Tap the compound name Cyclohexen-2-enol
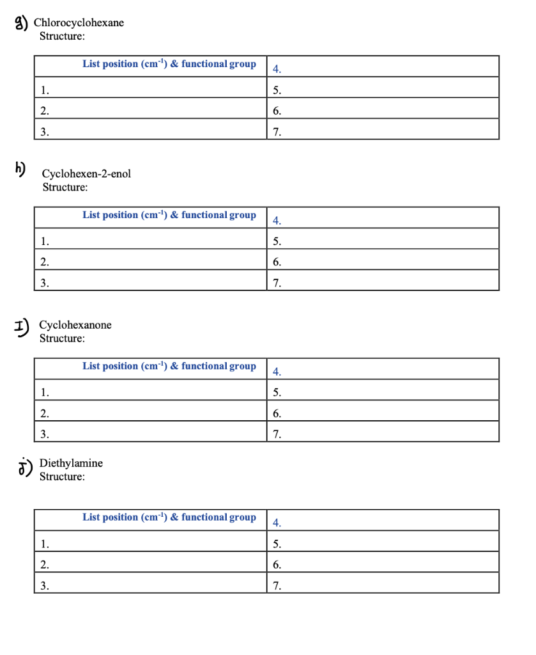point(86,174)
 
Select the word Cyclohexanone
point(75,325)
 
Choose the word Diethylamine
point(71,463)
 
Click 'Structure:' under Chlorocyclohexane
point(62,36)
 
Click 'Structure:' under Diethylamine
point(62,477)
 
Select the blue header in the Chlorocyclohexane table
point(169,64)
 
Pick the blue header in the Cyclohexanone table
point(169,367)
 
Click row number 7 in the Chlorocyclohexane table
point(276,133)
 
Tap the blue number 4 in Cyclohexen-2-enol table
point(276,221)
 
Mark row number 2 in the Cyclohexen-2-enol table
point(43,262)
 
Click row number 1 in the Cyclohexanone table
point(43,392)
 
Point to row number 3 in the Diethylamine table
point(43,585)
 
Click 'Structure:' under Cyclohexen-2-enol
point(65,187)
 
